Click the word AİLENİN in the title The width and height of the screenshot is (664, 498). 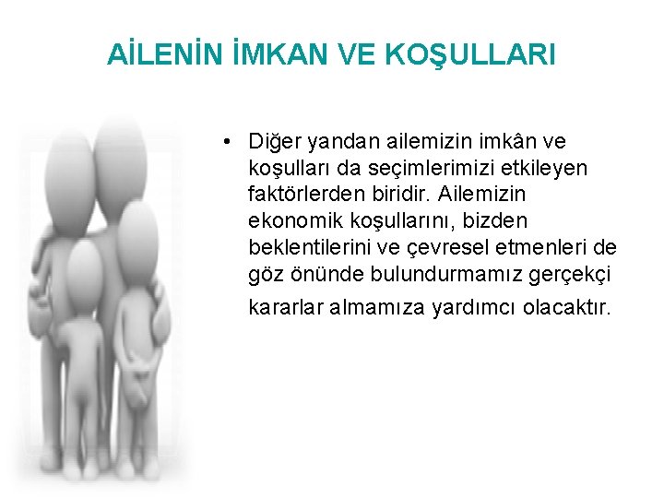click(165, 55)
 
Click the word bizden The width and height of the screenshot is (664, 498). click(522, 222)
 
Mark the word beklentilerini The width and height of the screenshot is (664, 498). click(309, 248)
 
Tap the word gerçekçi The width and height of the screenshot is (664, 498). click(551, 275)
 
